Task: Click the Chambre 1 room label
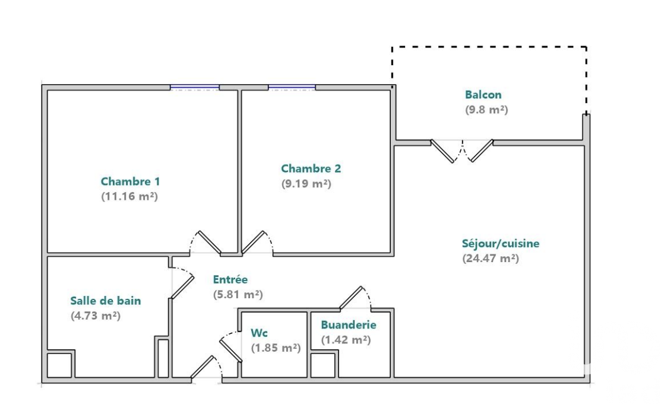130,181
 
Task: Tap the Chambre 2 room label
311,168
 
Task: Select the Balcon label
483,94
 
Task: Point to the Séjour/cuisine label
500,243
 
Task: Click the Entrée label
230,279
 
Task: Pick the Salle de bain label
106,301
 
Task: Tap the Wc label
259,333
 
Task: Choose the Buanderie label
348,325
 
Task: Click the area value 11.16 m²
129,196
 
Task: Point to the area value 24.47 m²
490,259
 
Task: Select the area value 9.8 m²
486,110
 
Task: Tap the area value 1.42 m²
346,340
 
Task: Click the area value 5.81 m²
238,294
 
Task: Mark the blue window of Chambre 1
194,88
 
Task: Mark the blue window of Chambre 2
292,88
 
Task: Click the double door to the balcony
462,149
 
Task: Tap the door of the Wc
230,349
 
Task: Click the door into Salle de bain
182,283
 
